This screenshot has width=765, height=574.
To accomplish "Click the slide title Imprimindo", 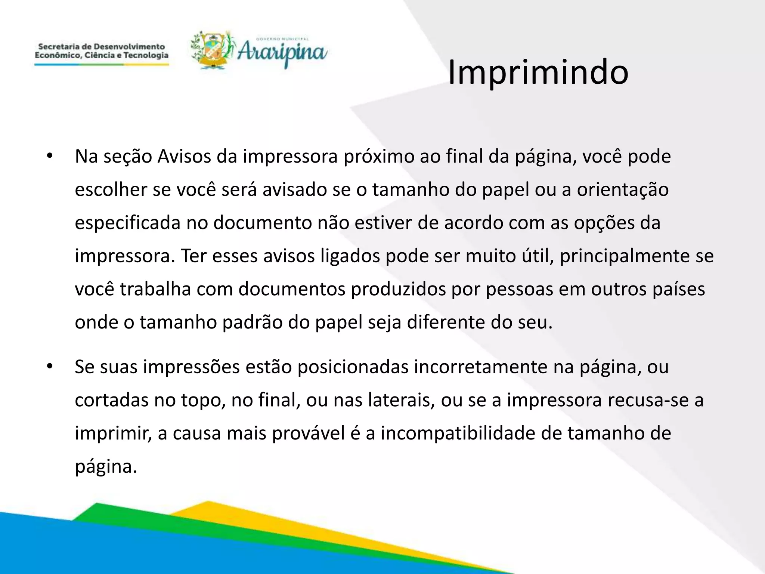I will pos(538,72).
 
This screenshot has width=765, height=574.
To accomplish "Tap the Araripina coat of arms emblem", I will pos(212,50).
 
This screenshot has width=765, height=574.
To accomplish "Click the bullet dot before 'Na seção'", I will pos(50,156).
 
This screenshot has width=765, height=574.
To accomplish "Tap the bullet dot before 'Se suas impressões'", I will pos(50,367).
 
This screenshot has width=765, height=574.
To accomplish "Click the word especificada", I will pos(128,223).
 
